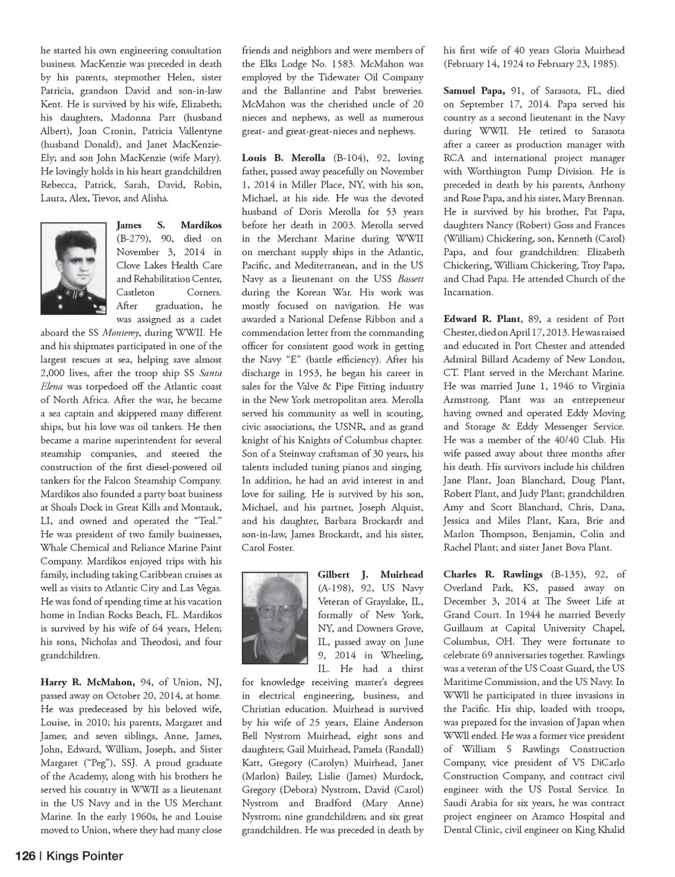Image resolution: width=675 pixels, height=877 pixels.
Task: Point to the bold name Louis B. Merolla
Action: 283,158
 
